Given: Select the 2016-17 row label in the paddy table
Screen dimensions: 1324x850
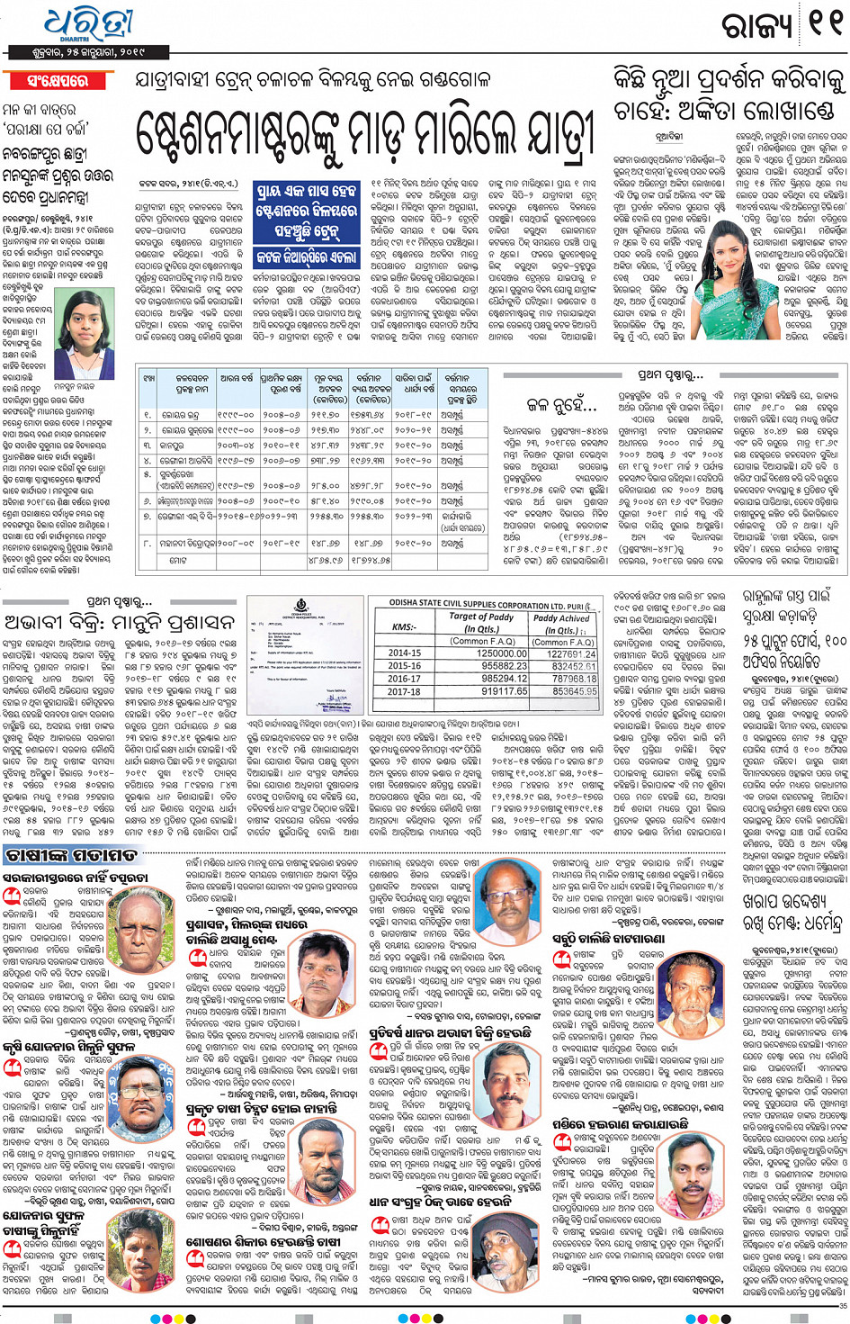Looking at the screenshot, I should coord(404,679).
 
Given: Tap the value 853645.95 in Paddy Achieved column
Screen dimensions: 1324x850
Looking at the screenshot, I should coord(562,691).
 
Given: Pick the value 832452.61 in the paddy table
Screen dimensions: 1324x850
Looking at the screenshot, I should coord(562,666).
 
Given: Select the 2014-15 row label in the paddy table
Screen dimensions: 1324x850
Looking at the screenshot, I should coord(404,653).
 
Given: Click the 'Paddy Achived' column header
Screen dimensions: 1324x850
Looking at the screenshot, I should coord(562,623).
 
